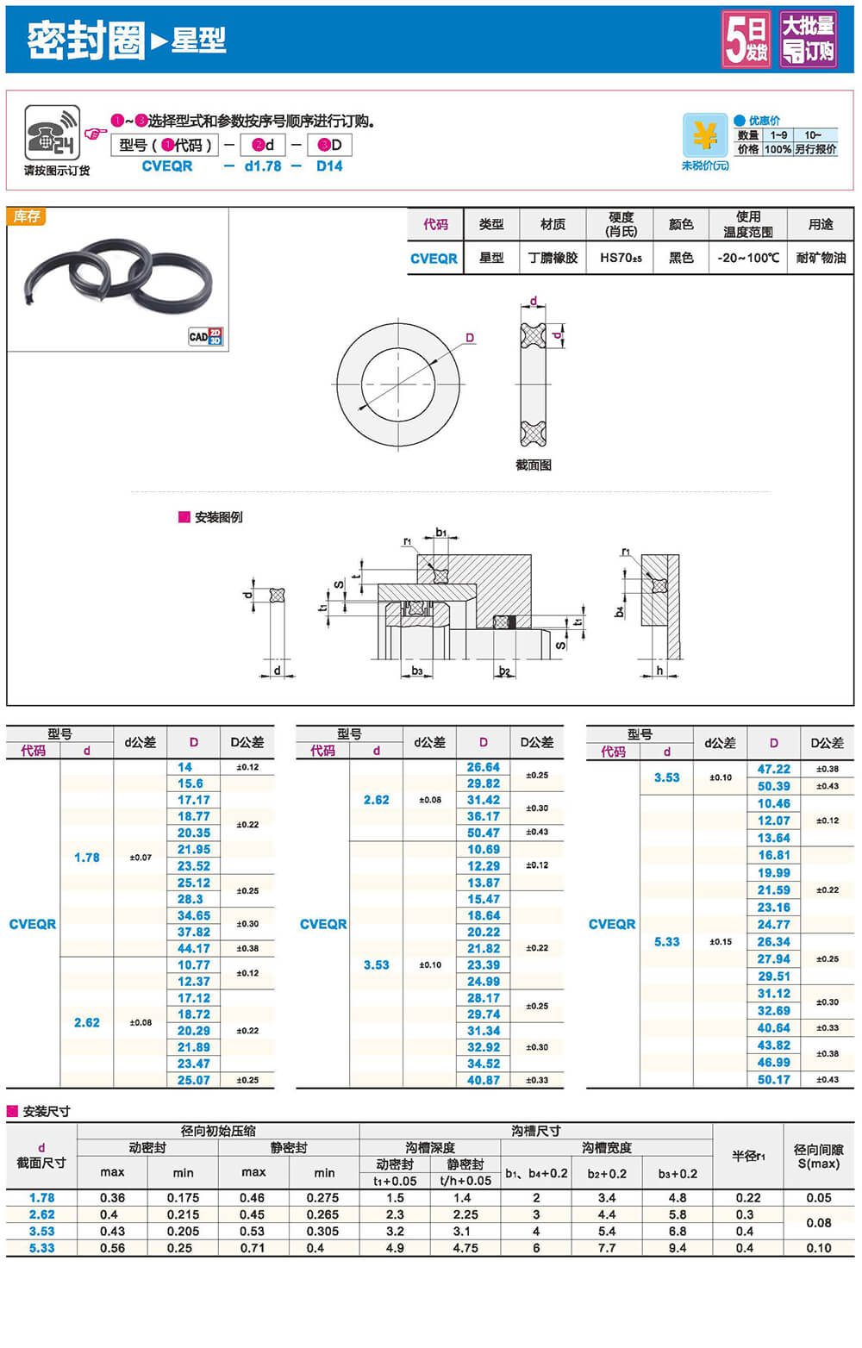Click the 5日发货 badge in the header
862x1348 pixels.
coord(746,39)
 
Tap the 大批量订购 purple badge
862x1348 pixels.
coord(809,39)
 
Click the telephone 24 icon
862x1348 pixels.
coord(52,133)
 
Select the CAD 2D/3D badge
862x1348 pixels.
coord(206,336)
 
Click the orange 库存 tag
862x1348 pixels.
coord(27,216)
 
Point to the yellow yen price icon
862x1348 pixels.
coord(704,135)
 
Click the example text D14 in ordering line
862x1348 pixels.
coord(329,166)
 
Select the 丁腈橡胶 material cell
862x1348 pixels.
coord(553,258)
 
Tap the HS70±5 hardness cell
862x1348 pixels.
coord(621,258)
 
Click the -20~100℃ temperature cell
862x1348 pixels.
coord(748,258)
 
